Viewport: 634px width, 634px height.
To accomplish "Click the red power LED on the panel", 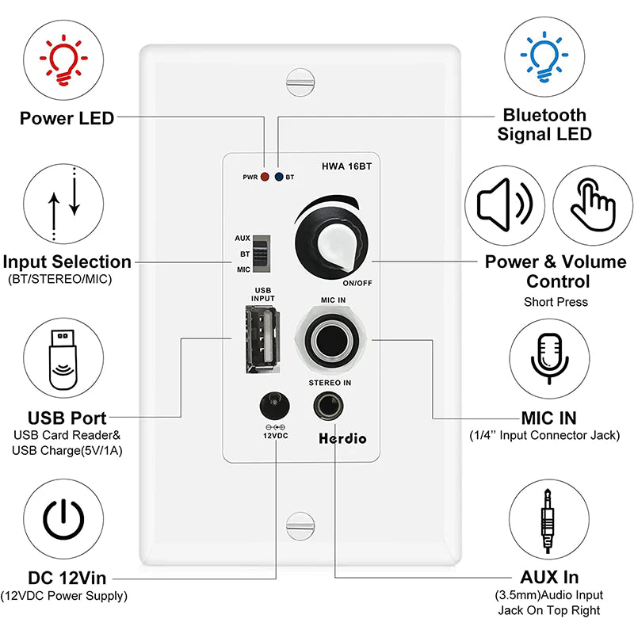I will (265, 178).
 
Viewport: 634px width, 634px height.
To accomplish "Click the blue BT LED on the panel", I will (278, 178).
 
